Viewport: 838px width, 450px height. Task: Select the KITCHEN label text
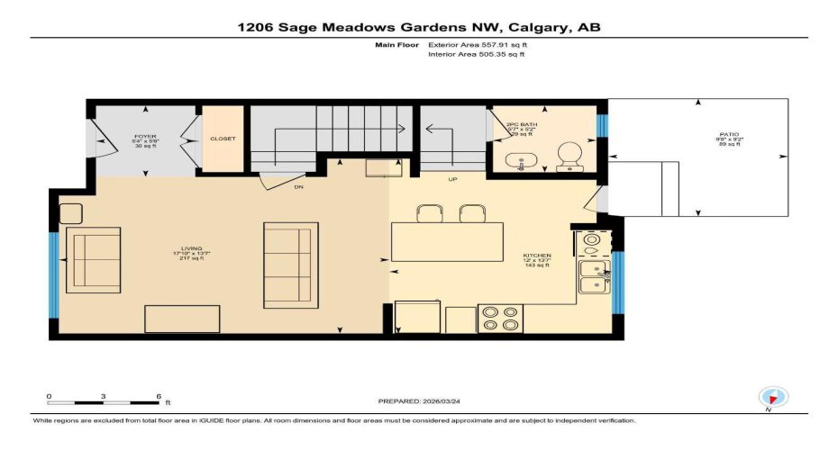pyautogui.click(x=537, y=256)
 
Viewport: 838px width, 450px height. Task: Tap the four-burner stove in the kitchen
pyautogui.click(x=500, y=319)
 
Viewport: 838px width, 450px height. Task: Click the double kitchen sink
pyautogui.click(x=592, y=275)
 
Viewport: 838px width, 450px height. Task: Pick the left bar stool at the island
pyautogui.click(x=429, y=212)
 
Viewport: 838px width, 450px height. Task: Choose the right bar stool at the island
pyautogui.click(x=472, y=212)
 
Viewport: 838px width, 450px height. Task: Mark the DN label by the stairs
pyautogui.click(x=298, y=188)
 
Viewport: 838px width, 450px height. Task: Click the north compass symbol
pyautogui.click(x=774, y=396)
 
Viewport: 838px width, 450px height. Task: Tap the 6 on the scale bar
pyautogui.click(x=159, y=396)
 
